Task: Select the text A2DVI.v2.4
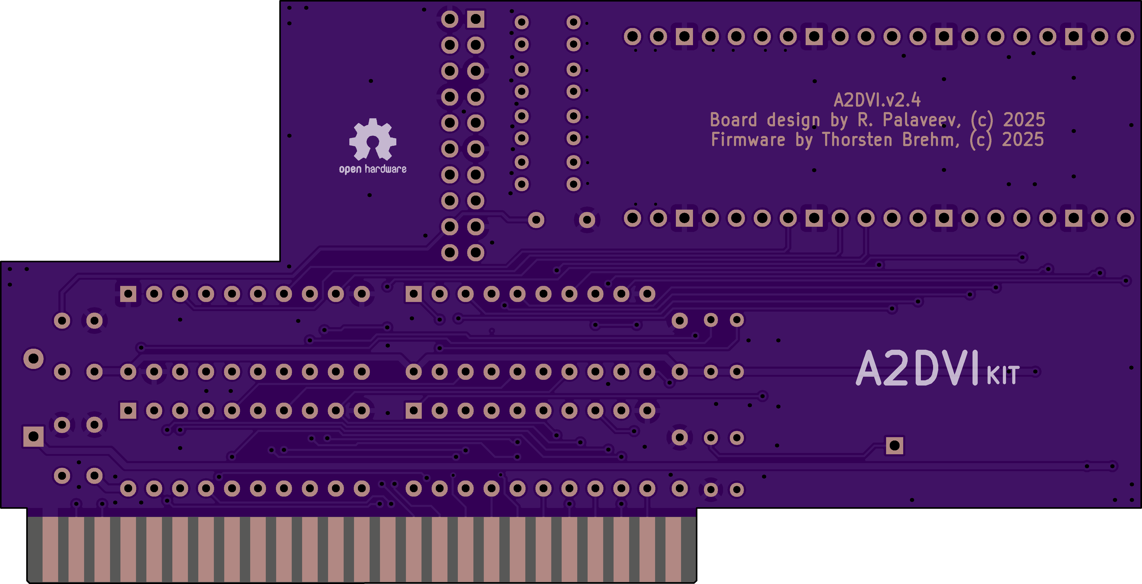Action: click(x=877, y=100)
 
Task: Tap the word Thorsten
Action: click(x=857, y=140)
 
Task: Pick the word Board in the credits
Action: click(x=733, y=120)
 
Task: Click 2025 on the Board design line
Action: click(x=1024, y=120)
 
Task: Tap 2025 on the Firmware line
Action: click(x=1023, y=140)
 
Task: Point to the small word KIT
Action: click(x=1003, y=376)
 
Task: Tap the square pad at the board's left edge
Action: click(x=33, y=436)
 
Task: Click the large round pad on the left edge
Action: click(x=33, y=359)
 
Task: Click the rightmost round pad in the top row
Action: click(x=1125, y=36)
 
